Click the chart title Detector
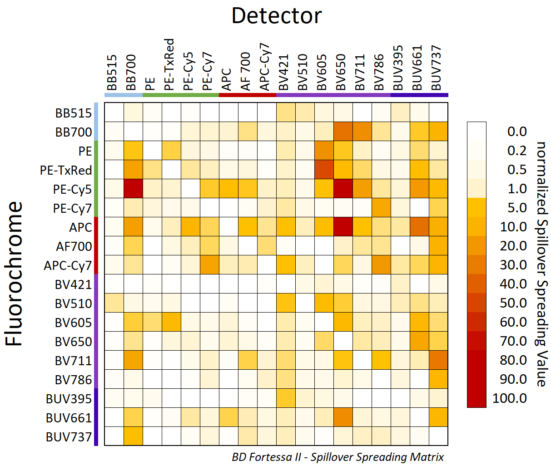click(x=276, y=16)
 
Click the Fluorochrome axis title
click(x=14, y=274)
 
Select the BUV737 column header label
click(x=436, y=68)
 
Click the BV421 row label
click(x=73, y=284)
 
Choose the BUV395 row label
click(x=69, y=399)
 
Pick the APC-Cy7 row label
click(x=68, y=265)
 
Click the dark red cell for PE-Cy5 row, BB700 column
click(x=133, y=189)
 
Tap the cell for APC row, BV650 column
click(x=343, y=227)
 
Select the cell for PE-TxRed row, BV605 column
click(x=324, y=170)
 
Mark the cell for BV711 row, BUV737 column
click(x=438, y=360)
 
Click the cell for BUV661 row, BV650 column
click(x=343, y=417)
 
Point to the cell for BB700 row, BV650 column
click(x=343, y=132)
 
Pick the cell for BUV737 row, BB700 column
click(x=133, y=436)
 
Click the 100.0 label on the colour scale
click(x=510, y=398)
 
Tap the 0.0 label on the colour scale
click(x=517, y=132)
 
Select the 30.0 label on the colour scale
click(x=513, y=265)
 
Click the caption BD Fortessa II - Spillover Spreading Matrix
click(x=338, y=457)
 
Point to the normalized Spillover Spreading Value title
click(x=541, y=264)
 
